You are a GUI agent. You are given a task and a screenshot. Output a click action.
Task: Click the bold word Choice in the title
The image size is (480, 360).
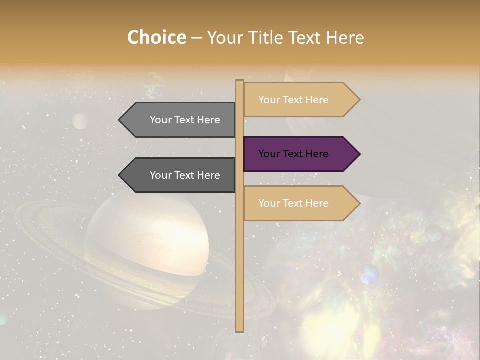point(156,38)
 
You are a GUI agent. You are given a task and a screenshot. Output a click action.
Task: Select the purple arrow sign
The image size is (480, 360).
point(300,154)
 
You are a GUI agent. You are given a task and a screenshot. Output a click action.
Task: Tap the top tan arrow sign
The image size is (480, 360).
point(300,100)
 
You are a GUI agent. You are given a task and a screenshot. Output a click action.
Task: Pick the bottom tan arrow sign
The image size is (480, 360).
point(300,203)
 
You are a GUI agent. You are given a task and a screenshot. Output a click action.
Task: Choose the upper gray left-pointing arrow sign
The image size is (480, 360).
point(180,120)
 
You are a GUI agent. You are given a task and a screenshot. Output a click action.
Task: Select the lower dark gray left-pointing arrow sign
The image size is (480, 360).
point(180,175)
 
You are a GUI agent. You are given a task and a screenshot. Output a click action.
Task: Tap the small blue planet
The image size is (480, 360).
point(369,274)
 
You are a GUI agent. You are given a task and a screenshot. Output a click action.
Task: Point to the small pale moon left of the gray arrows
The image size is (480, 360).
point(80,121)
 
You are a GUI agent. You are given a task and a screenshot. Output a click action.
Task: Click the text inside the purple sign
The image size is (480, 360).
point(293,154)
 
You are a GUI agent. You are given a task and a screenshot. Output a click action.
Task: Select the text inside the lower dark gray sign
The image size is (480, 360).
point(185,175)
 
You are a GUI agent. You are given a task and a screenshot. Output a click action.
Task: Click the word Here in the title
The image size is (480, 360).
point(345,38)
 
